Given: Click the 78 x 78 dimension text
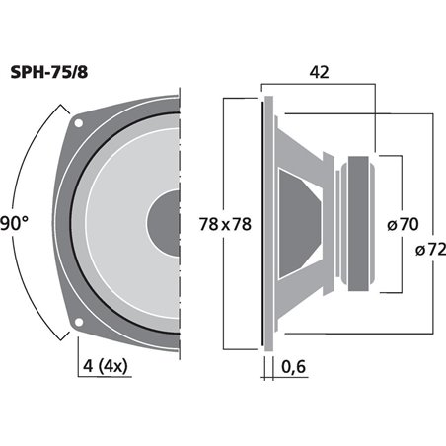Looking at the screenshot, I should point(225,224).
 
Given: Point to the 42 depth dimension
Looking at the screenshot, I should point(319,72).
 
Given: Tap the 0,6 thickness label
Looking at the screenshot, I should point(293,369).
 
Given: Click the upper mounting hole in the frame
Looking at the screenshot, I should point(80,125).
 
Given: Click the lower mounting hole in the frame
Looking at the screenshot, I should point(80,322).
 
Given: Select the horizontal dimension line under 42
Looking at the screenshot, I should point(319,89).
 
